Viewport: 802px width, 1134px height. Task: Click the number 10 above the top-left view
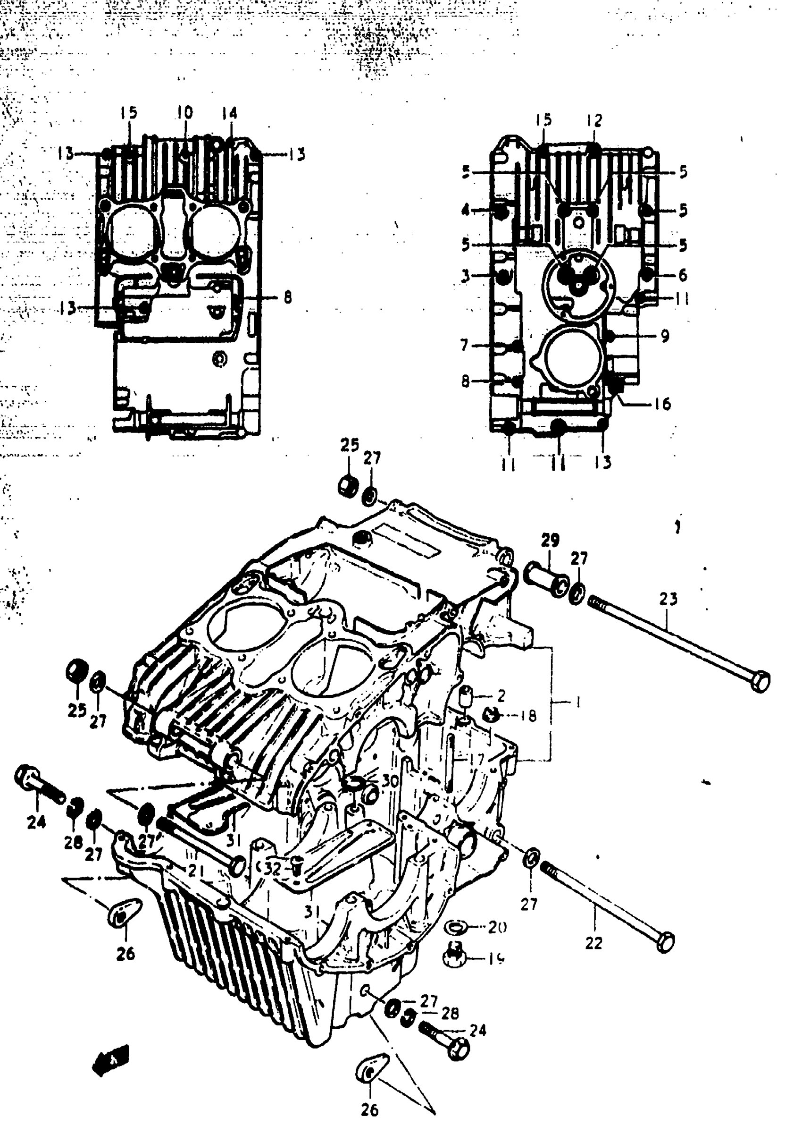coord(185,113)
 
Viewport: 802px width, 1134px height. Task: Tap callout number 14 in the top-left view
coord(229,114)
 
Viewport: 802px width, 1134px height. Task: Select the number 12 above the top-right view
coord(594,120)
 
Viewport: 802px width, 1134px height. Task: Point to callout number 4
coord(465,211)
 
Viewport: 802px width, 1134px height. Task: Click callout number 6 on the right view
coord(683,275)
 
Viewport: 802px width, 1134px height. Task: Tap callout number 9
coord(665,336)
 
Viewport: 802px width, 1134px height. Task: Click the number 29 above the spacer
coord(550,540)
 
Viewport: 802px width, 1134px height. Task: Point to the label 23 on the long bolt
coord(668,599)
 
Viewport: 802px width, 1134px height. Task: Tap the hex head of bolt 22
coord(666,942)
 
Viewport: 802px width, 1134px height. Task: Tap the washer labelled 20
coord(454,926)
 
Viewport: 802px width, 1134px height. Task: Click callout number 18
coord(528,716)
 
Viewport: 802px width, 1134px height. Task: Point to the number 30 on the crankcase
coord(390,781)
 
